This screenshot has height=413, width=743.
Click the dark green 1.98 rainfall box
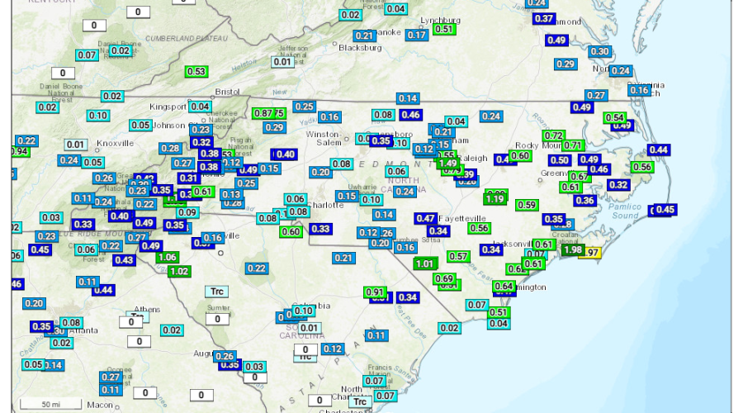[571, 250]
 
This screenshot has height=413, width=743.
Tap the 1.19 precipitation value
[495, 199]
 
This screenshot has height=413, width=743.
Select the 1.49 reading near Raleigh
[448, 164]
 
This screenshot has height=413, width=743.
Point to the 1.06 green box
[167, 257]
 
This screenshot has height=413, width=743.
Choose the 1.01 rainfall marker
[425, 263]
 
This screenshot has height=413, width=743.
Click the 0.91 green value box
[375, 292]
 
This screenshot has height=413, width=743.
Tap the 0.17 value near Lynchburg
[417, 35]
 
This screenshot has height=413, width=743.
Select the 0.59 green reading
[526, 205]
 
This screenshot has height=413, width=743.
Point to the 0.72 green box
[553, 135]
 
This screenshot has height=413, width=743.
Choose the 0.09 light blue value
[187, 212]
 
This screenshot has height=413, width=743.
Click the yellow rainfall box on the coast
[591, 253]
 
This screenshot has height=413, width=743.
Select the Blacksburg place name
[361, 48]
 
